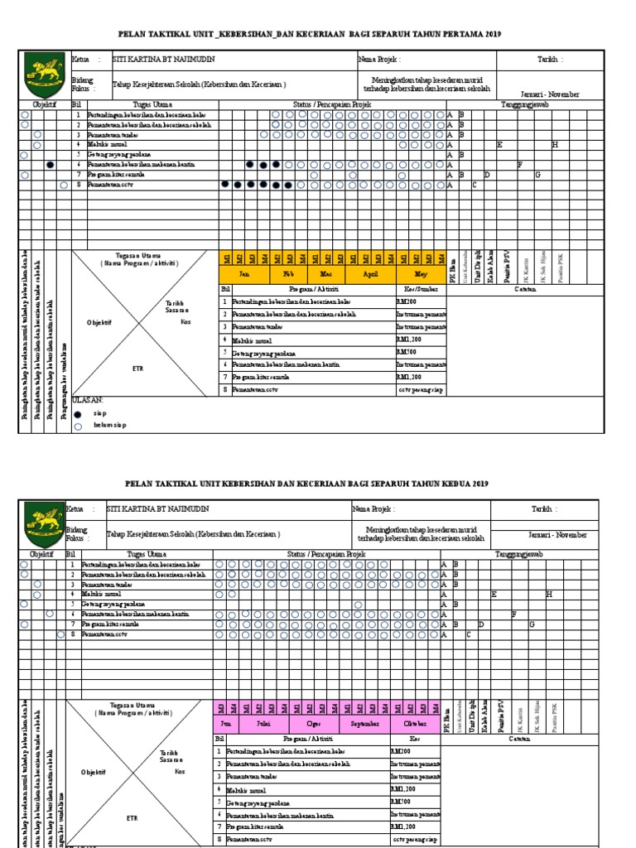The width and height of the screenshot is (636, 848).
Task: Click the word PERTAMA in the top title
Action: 448,34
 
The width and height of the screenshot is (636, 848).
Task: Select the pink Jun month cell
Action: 225,722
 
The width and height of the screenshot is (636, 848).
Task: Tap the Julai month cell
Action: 264,722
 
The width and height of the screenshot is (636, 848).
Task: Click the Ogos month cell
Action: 314,722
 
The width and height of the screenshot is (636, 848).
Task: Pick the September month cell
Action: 364,722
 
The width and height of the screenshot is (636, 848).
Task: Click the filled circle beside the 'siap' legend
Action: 78,413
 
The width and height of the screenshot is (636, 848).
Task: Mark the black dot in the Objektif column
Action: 51,166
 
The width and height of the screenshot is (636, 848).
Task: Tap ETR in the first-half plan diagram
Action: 137,369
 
